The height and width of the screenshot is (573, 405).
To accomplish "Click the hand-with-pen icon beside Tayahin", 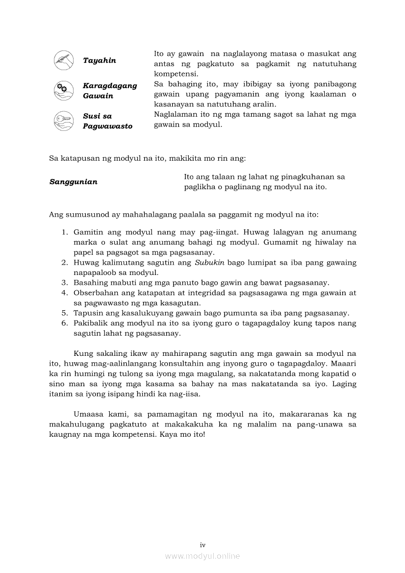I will point(63,60).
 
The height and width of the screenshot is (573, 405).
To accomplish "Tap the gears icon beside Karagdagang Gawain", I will point(63,90).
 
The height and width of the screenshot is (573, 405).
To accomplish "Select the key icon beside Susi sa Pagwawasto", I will point(63,121).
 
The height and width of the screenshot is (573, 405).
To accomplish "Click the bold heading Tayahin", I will point(99,61).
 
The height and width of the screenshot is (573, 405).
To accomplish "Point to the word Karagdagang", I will point(110,86).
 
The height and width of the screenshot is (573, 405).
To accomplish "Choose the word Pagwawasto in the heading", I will point(107,126).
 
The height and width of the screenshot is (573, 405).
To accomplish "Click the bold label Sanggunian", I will point(73,182).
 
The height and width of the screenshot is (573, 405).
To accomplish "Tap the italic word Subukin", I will point(209,263).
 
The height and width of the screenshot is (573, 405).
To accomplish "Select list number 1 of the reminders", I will point(64,232).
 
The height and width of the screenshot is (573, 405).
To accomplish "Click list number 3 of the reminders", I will point(64,283).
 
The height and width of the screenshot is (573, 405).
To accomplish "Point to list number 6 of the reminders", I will point(64,324).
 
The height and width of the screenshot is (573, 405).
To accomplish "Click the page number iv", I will point(202,545).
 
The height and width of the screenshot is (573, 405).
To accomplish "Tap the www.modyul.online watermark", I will point(202,556).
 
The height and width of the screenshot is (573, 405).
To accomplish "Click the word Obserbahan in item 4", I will point(95,293).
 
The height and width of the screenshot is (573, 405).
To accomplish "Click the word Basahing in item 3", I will point(90,283).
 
